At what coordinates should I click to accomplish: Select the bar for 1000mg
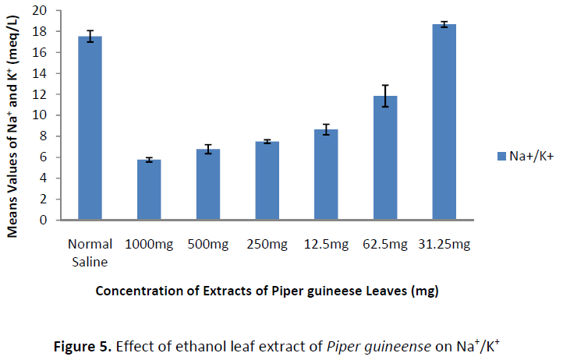click(149, 190)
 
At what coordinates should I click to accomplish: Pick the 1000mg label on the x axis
click(149, 244)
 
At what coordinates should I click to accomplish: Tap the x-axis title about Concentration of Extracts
click(267, 291)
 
